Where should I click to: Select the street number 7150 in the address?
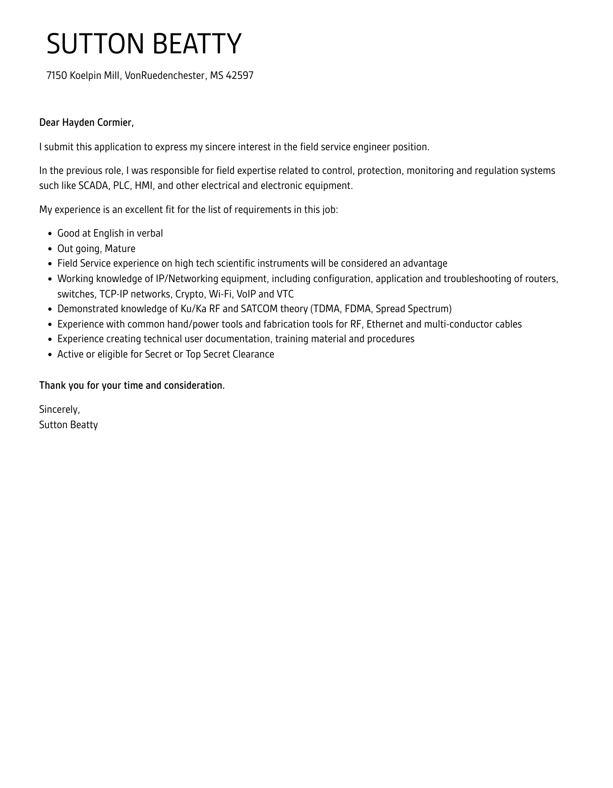pyautogui.click(x=57, y=75)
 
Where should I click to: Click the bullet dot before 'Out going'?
pyautogui.click(x=50, y=249)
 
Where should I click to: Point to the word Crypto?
pyautogui.click(x=189, y=294)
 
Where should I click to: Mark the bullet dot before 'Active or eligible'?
pyautogui.click(x=50, y=355)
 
